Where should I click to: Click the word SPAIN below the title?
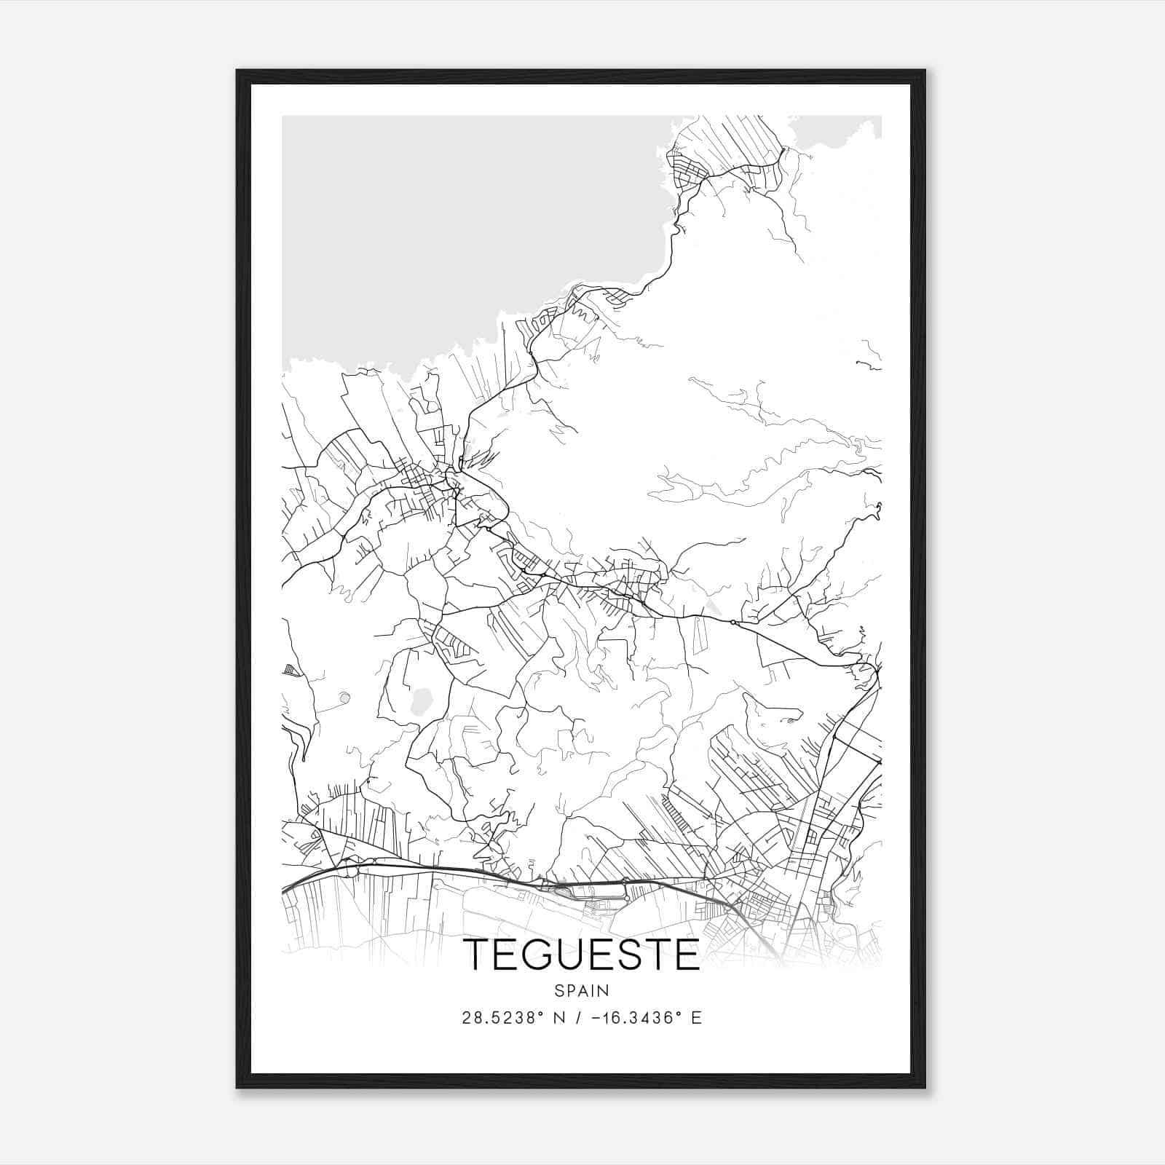(x=581, y=990)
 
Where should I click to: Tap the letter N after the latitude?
(x=559, y=1018)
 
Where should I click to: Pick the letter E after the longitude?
(x=696, y=1018)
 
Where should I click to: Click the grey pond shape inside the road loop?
(x=421, y=701)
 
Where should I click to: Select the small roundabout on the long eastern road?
(x=732, y=622)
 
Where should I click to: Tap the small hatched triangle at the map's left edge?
(x=291, y=670)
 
